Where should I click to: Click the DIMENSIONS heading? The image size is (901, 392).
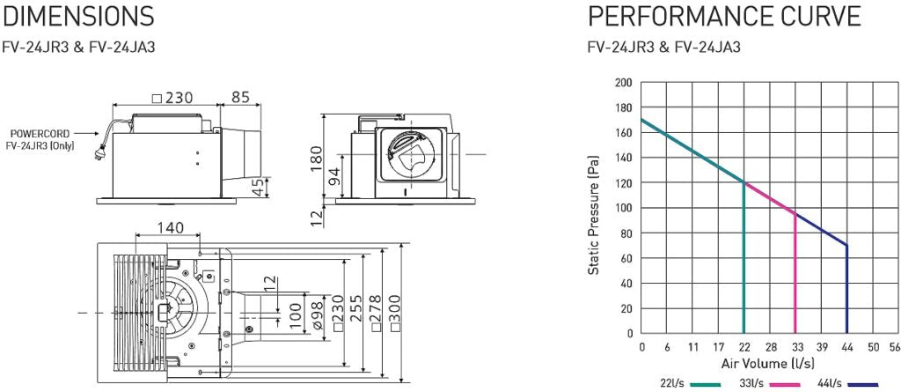click(79, 16)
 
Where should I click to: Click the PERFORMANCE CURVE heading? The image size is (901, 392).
click(723, 16)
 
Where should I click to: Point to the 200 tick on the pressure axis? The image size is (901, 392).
click(623, 82)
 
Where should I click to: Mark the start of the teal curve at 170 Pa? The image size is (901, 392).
click(641, 120)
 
